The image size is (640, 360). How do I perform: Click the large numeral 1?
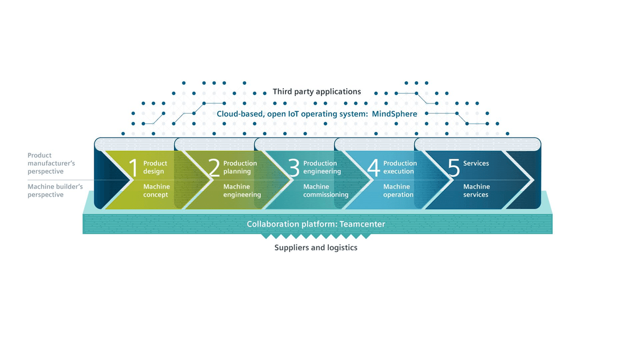coord(134,167)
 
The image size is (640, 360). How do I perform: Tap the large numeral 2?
coord(214,167)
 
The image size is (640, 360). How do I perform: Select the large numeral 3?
coord(294,167)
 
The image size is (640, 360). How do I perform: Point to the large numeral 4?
coord(373,167)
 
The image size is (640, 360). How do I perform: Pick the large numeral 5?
coord(454,167)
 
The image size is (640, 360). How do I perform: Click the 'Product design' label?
coord(155,167)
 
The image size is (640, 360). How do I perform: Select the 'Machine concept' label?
coord(156,191)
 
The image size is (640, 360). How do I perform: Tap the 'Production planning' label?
coord(240,167)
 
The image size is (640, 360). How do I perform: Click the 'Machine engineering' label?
coord(242,191)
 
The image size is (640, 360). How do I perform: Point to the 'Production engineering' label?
coord(322,167)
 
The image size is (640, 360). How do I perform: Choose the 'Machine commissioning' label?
coord(326,191)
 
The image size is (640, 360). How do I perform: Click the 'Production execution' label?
coord(400,167)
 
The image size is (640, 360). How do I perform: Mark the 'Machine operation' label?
coord(398,191)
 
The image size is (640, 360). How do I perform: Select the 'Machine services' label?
coord(476,191)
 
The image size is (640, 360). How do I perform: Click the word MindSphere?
coord(394,114)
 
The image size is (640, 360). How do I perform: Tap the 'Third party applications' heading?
coord(317,92)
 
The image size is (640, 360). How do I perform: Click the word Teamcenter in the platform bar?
coord(362,224)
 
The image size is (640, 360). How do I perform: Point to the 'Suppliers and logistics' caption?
coord(316,248)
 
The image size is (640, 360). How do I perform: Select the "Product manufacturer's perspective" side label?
coord(51,163)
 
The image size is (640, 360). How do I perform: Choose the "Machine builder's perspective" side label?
coord(55,191)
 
